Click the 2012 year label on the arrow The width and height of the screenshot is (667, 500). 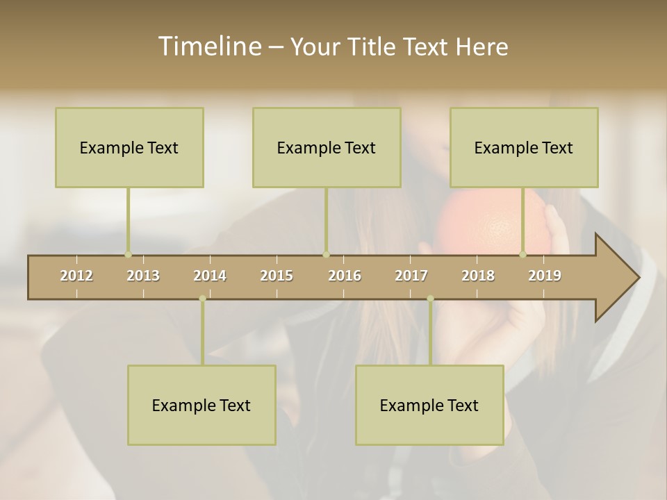coord(76,276)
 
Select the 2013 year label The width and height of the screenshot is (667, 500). coord(143,276)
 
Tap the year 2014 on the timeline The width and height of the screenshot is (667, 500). coord(210,276)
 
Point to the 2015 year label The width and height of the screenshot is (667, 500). coord(277,276)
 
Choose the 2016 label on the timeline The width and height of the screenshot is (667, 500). coord(345,276)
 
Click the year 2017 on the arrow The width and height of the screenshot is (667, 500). coord(411,276)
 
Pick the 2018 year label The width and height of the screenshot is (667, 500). coord(478,276)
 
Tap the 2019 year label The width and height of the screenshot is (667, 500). coord(545,276)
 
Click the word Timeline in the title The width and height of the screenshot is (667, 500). coord(208,47)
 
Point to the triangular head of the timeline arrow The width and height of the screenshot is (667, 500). coord(616,278)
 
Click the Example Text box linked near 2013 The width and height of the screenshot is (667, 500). coord(129,147)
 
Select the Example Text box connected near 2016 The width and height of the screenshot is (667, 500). coord(327,147)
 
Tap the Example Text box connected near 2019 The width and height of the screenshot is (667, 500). coord(524,147)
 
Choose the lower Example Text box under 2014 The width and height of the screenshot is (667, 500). coord(201,405)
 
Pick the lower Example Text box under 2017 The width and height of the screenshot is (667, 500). coord(429,405)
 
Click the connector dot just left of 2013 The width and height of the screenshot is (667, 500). coord(128,254)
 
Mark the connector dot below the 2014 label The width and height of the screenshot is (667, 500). coord(202,299)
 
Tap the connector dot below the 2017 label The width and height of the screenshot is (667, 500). coord(430,299)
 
